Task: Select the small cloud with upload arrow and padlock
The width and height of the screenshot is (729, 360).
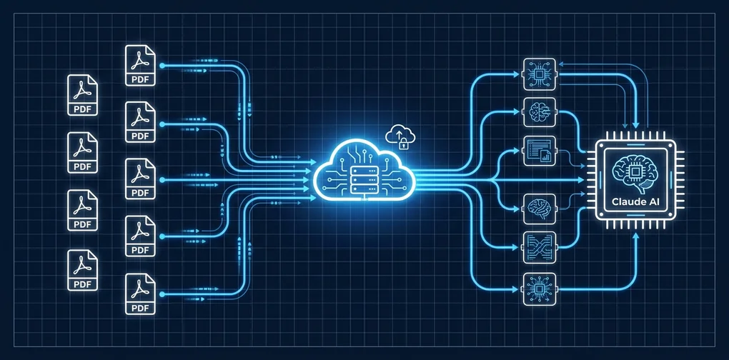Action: coord(400,136)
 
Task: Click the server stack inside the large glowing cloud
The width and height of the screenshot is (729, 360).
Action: coord(363,179)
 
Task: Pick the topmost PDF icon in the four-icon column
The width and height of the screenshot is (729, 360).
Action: coord(82,95)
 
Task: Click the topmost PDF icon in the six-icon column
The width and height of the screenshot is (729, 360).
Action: coord(140,66)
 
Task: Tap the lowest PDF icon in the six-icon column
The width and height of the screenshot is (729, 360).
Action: coord(140,294)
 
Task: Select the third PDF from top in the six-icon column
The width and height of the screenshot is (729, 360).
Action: coord(140,179)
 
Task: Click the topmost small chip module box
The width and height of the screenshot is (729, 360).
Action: coord(540,74)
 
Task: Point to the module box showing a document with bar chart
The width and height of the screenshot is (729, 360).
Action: coord(540,151)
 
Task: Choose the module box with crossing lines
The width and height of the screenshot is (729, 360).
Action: coord(540,248)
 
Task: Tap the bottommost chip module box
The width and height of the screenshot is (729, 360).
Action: coord(540,289)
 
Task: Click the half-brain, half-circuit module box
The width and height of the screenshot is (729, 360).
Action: coord(540,112)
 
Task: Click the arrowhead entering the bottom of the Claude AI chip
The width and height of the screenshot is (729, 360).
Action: coord(636,236)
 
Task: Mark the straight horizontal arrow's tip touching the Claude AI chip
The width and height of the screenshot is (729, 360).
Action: coord(584,179)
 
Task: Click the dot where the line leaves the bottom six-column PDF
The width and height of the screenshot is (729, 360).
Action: coord(162,294)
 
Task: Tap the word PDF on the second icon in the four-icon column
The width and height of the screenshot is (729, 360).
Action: coord(83,166)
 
